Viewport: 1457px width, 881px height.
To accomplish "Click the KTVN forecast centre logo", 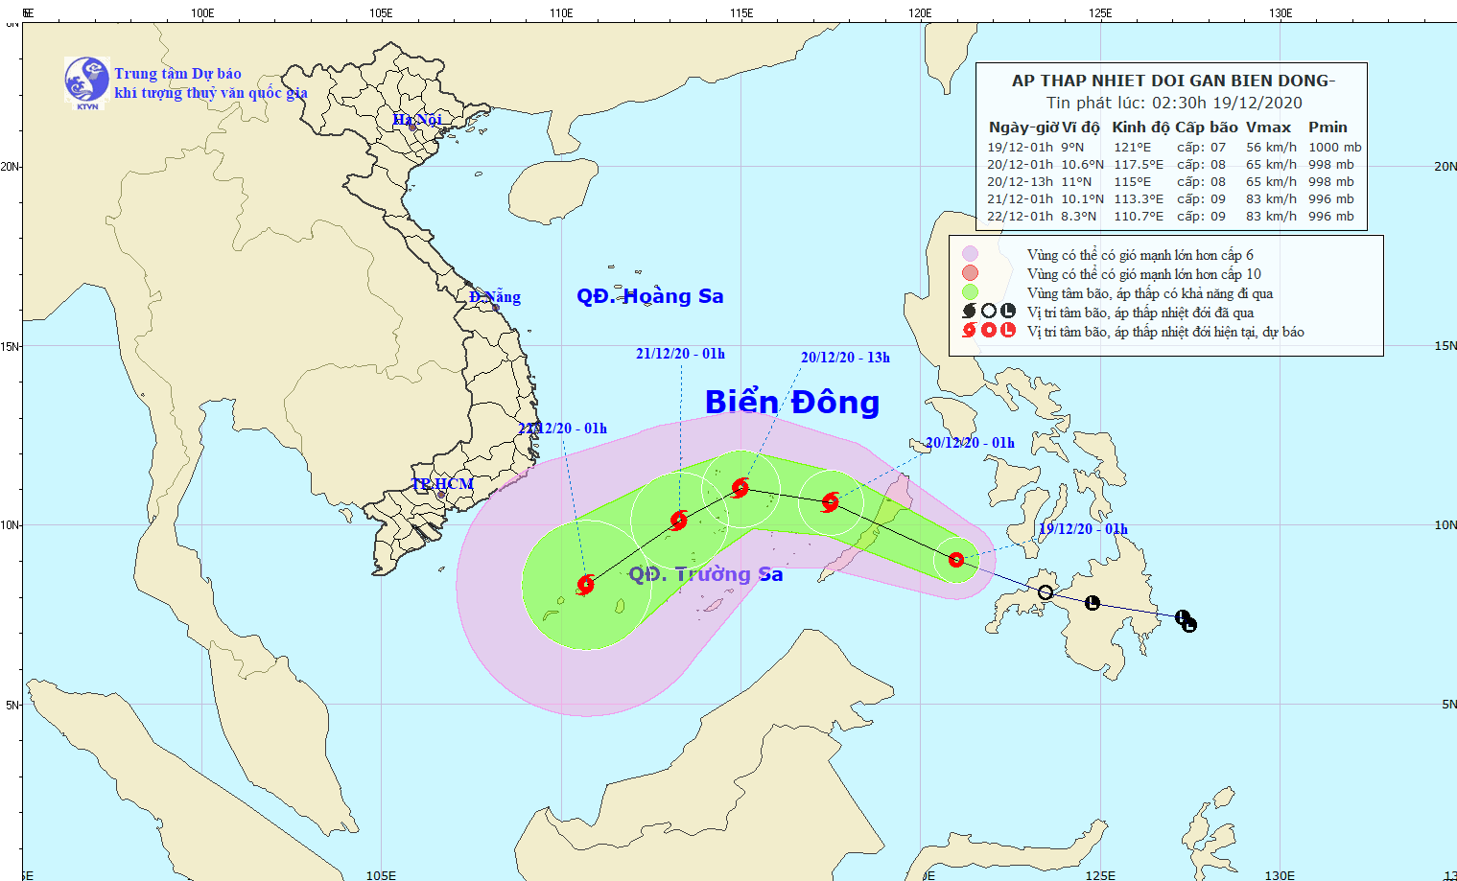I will (86, 81).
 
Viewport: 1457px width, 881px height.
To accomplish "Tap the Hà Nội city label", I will (417, 120).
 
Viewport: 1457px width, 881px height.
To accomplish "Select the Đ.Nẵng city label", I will (495, 297).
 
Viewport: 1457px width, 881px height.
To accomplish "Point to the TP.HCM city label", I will (442, 484).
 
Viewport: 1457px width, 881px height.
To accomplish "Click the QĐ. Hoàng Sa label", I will (649, 296).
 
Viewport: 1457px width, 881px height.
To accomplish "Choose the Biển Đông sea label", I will (791, 403).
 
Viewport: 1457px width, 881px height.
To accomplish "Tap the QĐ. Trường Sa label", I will (705, 574).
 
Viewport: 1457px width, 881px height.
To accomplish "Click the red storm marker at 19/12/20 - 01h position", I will (956, 560).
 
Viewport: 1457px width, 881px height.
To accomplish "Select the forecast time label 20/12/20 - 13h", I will (845, 358).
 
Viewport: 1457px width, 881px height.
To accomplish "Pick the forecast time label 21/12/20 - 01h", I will (680, 354).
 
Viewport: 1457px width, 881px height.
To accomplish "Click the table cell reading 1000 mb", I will (1334, 148).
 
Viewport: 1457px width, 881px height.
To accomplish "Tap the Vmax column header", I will (1268, 128).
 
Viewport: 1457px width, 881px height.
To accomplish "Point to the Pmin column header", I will (1328, 128).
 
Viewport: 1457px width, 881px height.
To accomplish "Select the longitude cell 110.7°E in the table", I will (1138, 217).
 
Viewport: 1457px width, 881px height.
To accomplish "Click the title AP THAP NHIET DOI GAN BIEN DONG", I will (1173, 81).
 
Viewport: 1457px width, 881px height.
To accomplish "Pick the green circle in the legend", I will (970, 292).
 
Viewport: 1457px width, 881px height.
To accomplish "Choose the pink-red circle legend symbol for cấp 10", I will (970, 273).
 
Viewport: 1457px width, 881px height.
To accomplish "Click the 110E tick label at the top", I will (561, 13).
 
